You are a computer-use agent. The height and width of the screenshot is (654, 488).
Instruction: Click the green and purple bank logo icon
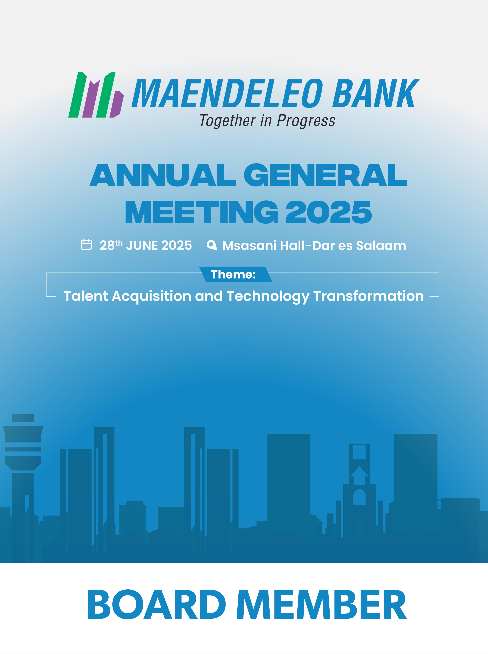96,95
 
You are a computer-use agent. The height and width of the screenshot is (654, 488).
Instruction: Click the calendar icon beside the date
86,245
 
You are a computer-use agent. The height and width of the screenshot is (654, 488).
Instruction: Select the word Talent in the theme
86,296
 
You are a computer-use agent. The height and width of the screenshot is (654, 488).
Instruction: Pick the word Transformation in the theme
368,296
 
